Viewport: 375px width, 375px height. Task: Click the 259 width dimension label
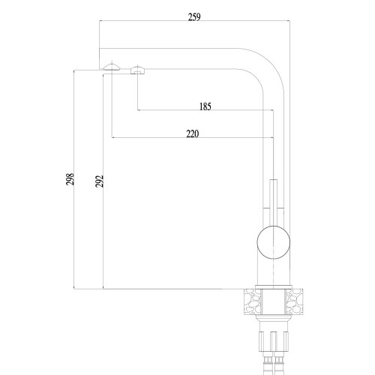194,17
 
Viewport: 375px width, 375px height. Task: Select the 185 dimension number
205,106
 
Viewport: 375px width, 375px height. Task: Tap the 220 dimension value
193,133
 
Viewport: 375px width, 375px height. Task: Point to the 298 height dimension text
70,179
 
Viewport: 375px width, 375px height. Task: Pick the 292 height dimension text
99,181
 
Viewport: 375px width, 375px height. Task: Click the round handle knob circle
274,242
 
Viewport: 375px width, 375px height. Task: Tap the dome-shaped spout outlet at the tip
112,67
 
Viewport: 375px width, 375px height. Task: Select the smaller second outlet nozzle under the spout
138,70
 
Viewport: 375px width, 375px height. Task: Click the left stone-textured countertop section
252,301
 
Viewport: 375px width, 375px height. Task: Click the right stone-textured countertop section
295,301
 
